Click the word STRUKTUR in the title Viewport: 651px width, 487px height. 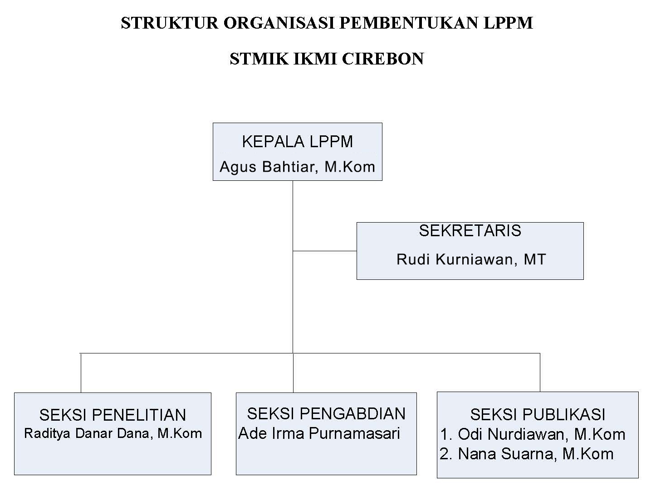pos(170,23)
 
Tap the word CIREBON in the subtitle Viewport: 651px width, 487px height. pos(383,59)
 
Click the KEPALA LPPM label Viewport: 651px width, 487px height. pos(298,141)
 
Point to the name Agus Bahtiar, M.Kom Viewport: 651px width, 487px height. pos(297,167)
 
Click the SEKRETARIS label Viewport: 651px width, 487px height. pos(470,231)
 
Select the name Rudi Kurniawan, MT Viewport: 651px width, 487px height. pos(471,259)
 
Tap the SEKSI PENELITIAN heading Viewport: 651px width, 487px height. pos(113,415)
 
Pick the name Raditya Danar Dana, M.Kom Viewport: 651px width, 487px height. pos(113,433)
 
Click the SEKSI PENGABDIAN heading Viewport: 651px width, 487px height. pos(326,414)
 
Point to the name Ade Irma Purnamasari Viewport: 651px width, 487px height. pos(319,433)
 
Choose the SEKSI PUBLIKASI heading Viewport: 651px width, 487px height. pos(538,415)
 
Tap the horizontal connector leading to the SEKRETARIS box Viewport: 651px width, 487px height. pos(325,251)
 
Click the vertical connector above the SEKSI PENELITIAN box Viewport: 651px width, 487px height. pos(81,373)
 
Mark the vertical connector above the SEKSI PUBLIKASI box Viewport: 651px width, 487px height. pos(540,373)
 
